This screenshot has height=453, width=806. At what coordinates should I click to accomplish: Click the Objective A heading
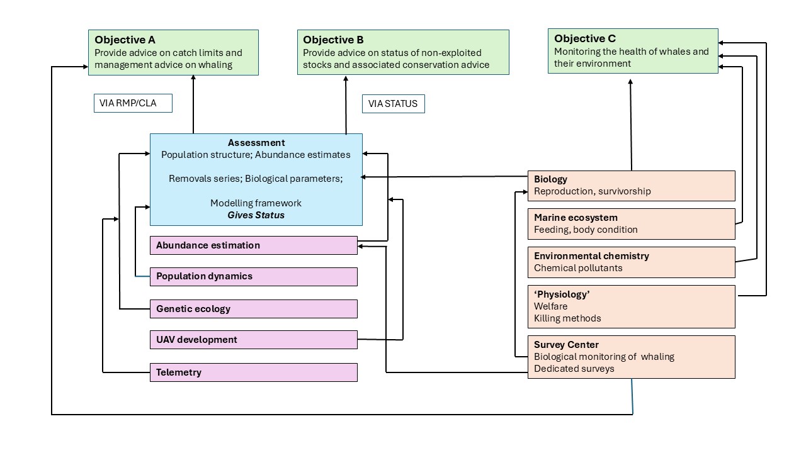point(125,40)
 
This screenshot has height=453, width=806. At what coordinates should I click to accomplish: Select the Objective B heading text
point(333,40)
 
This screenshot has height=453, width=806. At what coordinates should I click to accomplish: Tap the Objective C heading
point(585,38)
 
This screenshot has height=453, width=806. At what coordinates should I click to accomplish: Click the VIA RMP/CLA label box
point(133,103)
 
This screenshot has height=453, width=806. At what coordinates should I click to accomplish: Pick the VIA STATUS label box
point(393,103)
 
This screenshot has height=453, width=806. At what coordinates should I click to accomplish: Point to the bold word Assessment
point(256,143)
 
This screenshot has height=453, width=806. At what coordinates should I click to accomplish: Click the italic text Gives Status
point(256,215)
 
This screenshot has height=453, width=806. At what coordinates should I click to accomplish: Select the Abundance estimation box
point(253,245)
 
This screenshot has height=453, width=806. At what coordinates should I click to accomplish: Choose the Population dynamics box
point(253,276)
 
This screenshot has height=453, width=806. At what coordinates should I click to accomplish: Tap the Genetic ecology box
point(253,309)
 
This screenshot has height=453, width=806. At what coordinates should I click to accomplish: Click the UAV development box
point(253,340)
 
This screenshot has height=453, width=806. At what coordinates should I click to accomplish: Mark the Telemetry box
point(253,372)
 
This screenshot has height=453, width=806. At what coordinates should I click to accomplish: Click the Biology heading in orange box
point(550,179)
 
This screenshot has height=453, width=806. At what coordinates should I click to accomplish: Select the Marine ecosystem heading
point(576,218)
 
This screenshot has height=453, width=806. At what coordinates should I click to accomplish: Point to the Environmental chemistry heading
point(591,256)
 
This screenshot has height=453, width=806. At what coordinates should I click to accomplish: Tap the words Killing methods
point(567,318)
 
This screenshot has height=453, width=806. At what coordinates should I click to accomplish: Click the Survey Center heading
point(566,345)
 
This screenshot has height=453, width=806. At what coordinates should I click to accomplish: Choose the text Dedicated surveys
point(574,369)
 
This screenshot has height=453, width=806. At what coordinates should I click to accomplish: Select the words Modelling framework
point(256,203)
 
